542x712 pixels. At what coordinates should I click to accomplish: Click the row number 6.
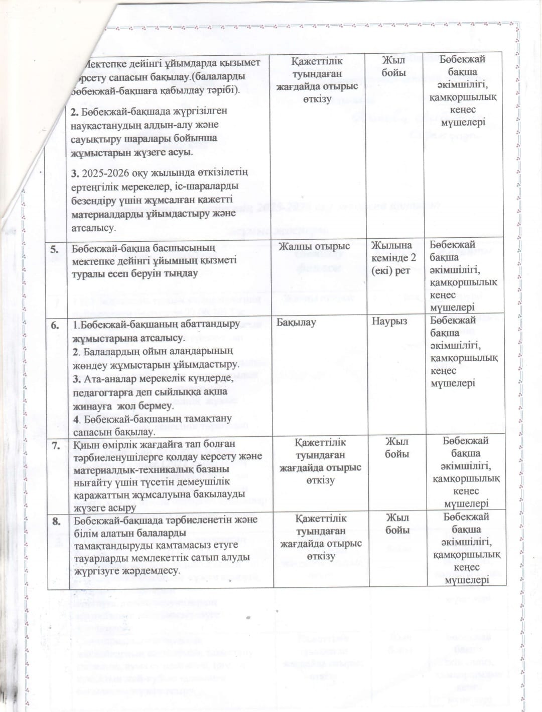[x=55, y=325]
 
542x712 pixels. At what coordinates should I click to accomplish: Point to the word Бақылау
[x=296, y=322]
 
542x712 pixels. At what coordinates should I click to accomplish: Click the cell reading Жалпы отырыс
[x=314, y=246]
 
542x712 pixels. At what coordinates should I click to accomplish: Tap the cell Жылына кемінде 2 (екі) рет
[x=393, y=258]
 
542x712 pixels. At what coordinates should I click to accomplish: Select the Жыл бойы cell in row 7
[x=396, y=448]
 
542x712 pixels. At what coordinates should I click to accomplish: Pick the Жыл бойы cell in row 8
[x=397, y=524]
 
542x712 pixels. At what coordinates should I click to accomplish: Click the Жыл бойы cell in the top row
[x=393, y=66]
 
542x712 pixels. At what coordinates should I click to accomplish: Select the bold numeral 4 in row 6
[x=76, y=419]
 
